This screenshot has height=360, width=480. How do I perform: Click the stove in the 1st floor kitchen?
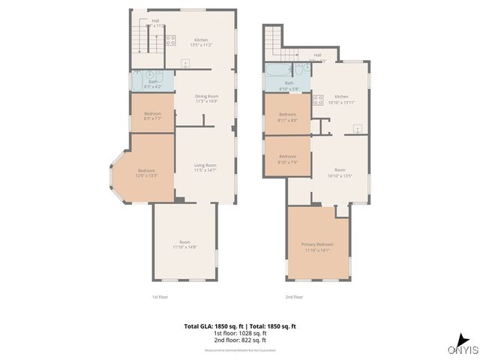170,40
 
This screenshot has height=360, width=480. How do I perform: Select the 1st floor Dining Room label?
205,98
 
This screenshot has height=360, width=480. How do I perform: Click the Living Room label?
205,167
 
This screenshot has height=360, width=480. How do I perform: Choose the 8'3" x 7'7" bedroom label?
152,115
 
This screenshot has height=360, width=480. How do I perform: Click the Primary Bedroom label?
318,247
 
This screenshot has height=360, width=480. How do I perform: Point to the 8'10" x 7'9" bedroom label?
288,159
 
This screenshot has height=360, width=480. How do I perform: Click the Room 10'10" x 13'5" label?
340,174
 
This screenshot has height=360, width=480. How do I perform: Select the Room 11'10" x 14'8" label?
184,244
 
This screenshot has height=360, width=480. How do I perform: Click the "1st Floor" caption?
160,297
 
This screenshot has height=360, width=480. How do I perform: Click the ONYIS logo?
462,349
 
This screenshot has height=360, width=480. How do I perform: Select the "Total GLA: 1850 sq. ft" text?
211,326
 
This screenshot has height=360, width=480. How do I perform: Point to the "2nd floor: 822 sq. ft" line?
240,341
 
